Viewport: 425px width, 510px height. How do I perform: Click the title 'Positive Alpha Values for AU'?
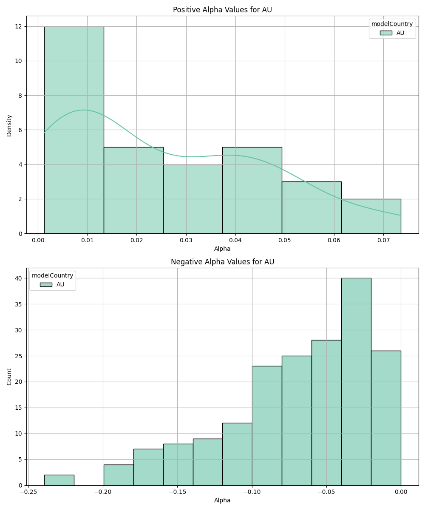tap(222, 10)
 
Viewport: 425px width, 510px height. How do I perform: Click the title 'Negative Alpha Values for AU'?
tap(222, 262)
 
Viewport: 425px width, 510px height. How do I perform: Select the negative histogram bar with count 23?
tap(267, 425)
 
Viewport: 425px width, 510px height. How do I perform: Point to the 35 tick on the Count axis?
tap(20, 304)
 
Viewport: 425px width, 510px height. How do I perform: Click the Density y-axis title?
tap(9, 125)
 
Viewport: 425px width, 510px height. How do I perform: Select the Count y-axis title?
tap(9, 377)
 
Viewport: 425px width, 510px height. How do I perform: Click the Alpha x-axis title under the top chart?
tap(222, 249)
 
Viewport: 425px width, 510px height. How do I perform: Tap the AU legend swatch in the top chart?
tap(386, 33)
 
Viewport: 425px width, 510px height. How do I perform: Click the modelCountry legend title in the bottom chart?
tap(53, 275)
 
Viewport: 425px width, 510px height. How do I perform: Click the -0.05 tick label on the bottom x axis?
tap(326, 492)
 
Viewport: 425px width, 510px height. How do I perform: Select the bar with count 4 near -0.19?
tap(119, 475)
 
